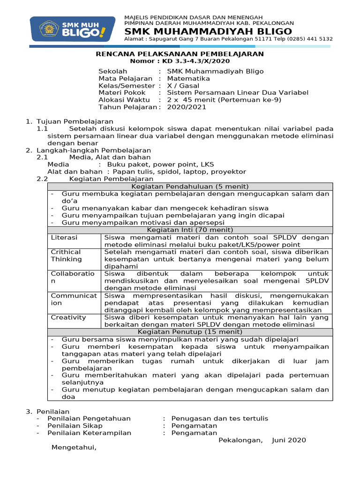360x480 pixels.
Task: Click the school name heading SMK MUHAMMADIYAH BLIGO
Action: pyautogui.click(x=208, y=31)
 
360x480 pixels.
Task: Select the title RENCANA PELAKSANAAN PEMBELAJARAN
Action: pyautogui.click(x=180, y=54)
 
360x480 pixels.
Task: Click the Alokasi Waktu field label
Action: pyautogui.click(x=124, y=100)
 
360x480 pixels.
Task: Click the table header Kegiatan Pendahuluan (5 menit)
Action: pyautogui.click(x=190, y=187)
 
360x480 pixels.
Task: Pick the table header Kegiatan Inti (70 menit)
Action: pyautogui.click(x=190, y=230)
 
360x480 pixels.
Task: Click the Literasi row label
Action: pyautogui.click(x=64, y=238)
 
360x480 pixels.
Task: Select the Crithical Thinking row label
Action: pyautogui.click(x=66, y=255)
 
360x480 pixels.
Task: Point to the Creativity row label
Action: pyautogui.click(x=68, y=317)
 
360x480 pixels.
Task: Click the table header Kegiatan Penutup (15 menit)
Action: pyautogui.click(x=190, y=331)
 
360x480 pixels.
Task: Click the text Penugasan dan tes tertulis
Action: pyautogui.click(x=220, y=419)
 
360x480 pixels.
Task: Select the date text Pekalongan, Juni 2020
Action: pyautogui.click(x=262, y=440)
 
